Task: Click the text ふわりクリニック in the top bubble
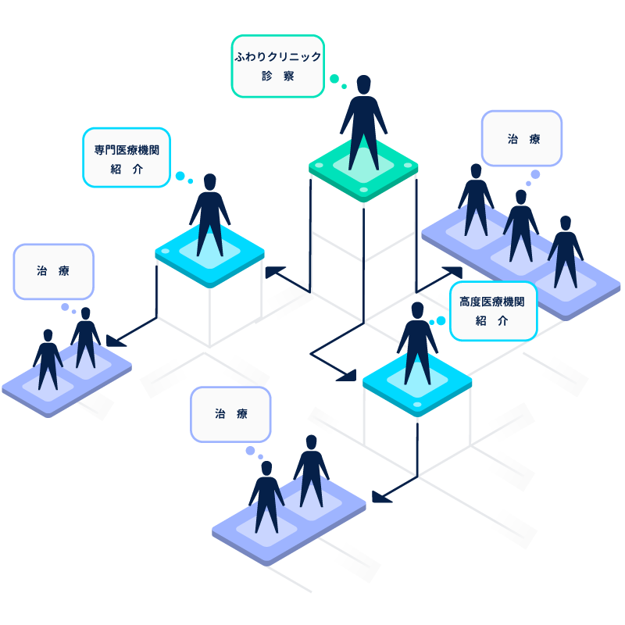click(278, 57)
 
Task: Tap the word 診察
click(278, 77)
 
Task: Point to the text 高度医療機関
click(492, 302)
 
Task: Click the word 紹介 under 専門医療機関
click(127, 169)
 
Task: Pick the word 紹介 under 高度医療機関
click(492, 320)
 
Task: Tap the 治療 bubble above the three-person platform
click(522, 139)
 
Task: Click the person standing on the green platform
click(363, 125)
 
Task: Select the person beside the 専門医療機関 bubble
click(209, 215)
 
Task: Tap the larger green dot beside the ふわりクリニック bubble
click(334, 79)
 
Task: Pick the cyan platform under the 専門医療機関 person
click(209, 254)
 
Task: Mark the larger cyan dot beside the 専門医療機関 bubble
click(180, 176)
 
